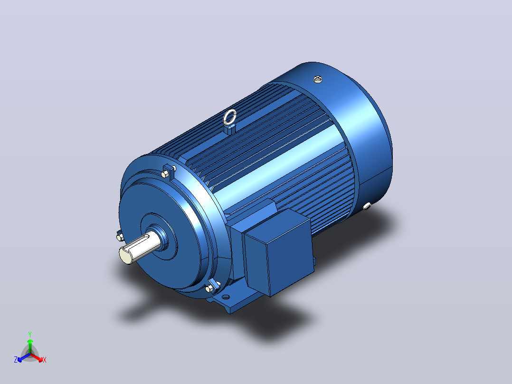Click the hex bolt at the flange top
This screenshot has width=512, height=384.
[x=166, y=173]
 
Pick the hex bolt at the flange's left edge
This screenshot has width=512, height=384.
[x=120, y=236]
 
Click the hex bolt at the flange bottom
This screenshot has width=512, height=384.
[x=209, y=288]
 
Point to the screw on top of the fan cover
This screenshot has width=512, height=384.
[x=318, y=79]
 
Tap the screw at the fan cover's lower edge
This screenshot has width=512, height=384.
[x=367, y=206]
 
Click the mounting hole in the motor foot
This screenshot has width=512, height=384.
[x=226, y=297]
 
